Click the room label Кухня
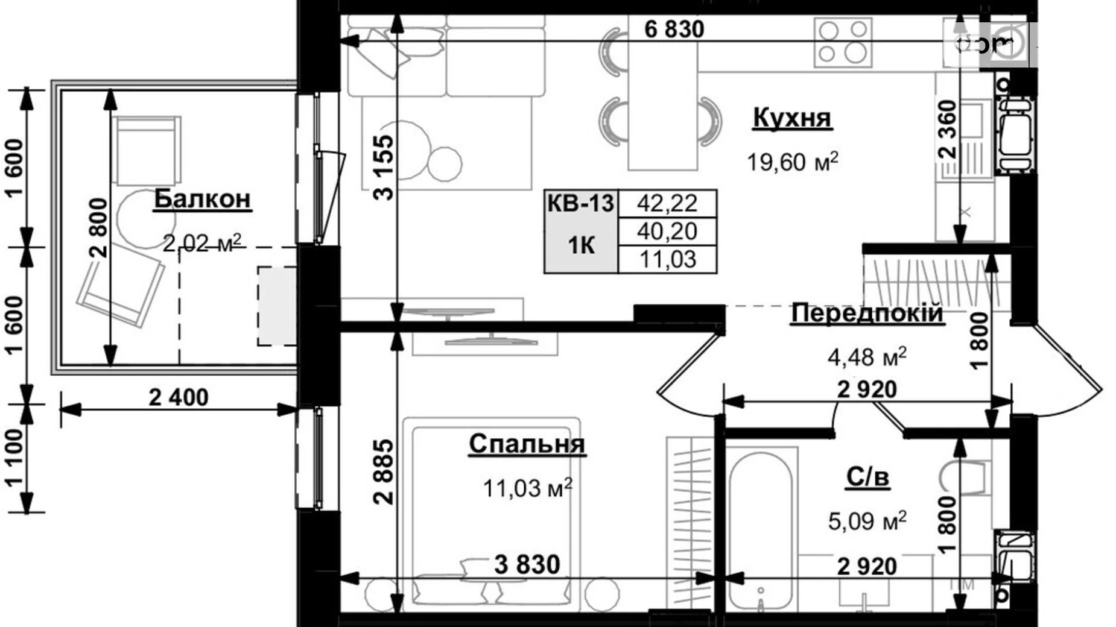tap(792, 118)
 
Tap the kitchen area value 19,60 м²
tap(792, 162)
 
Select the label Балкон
tap(202, 199)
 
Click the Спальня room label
tap(527, 444)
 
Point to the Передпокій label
tap(866, 313)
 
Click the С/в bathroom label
tap(867, 477)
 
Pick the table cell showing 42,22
tap(667, 203)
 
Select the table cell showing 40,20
tap(667, 231)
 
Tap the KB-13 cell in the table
tap(580, 203)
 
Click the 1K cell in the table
tap(580, 245)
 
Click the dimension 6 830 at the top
tap(674, 29)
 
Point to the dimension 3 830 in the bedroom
tap(527, 565)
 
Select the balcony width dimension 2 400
tap(179, 397)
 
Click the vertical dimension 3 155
tap(384, 167)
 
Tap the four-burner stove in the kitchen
tap(843, 41)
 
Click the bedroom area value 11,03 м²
tap(527, 488)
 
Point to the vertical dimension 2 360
tap(948, 130)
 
